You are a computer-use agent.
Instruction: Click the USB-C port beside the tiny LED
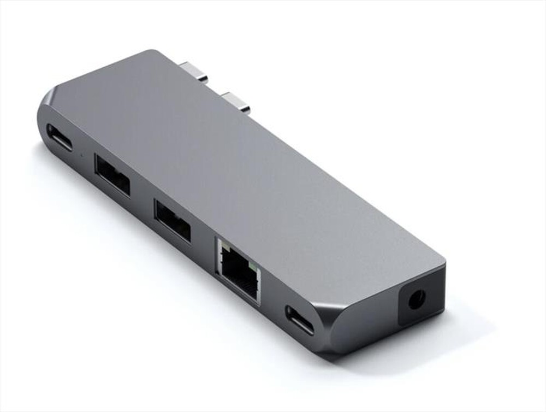click(x=59, y=138)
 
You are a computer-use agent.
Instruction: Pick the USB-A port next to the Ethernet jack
click(x=172, y=220)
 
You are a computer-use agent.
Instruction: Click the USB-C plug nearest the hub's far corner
click(x=194, y=73)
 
